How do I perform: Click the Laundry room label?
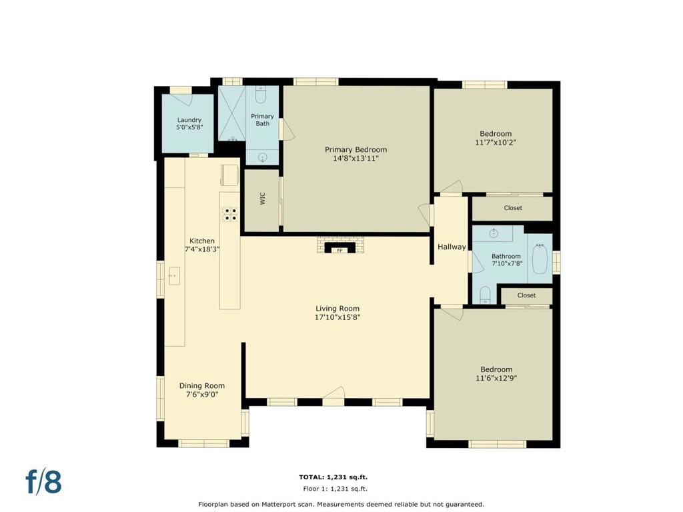coord(189,120)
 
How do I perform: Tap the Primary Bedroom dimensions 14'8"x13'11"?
coord(356,159)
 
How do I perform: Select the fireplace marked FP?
coord(339,248)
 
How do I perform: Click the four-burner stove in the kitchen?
coord(230,214)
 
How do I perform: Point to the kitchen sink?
coord(174,276)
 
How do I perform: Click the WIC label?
coord(262,199)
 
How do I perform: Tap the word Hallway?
coord(452,247)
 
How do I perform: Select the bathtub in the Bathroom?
coord(540,259)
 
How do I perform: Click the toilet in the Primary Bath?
coord(261,95)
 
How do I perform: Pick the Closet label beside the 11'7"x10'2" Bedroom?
coord(513,208)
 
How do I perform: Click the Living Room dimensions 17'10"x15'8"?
coord(337,317)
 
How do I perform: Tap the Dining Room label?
coord(202,386)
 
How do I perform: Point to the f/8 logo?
coord(43,481)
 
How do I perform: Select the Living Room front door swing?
coord(334,393)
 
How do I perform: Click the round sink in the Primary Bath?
coord(262,157)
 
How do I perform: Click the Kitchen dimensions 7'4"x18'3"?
coord(202,249)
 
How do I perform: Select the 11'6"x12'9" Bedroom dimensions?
coord(496,379)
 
